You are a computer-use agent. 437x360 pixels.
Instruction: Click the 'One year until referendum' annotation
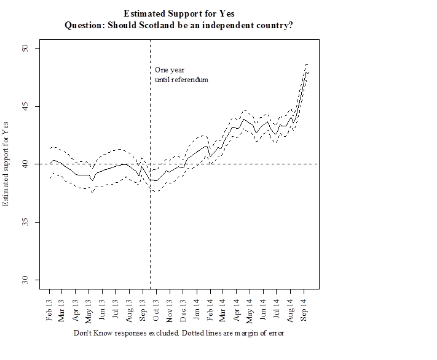(x=181, y=75)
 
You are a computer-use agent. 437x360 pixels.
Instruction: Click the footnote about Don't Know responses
(x=179, y=334)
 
